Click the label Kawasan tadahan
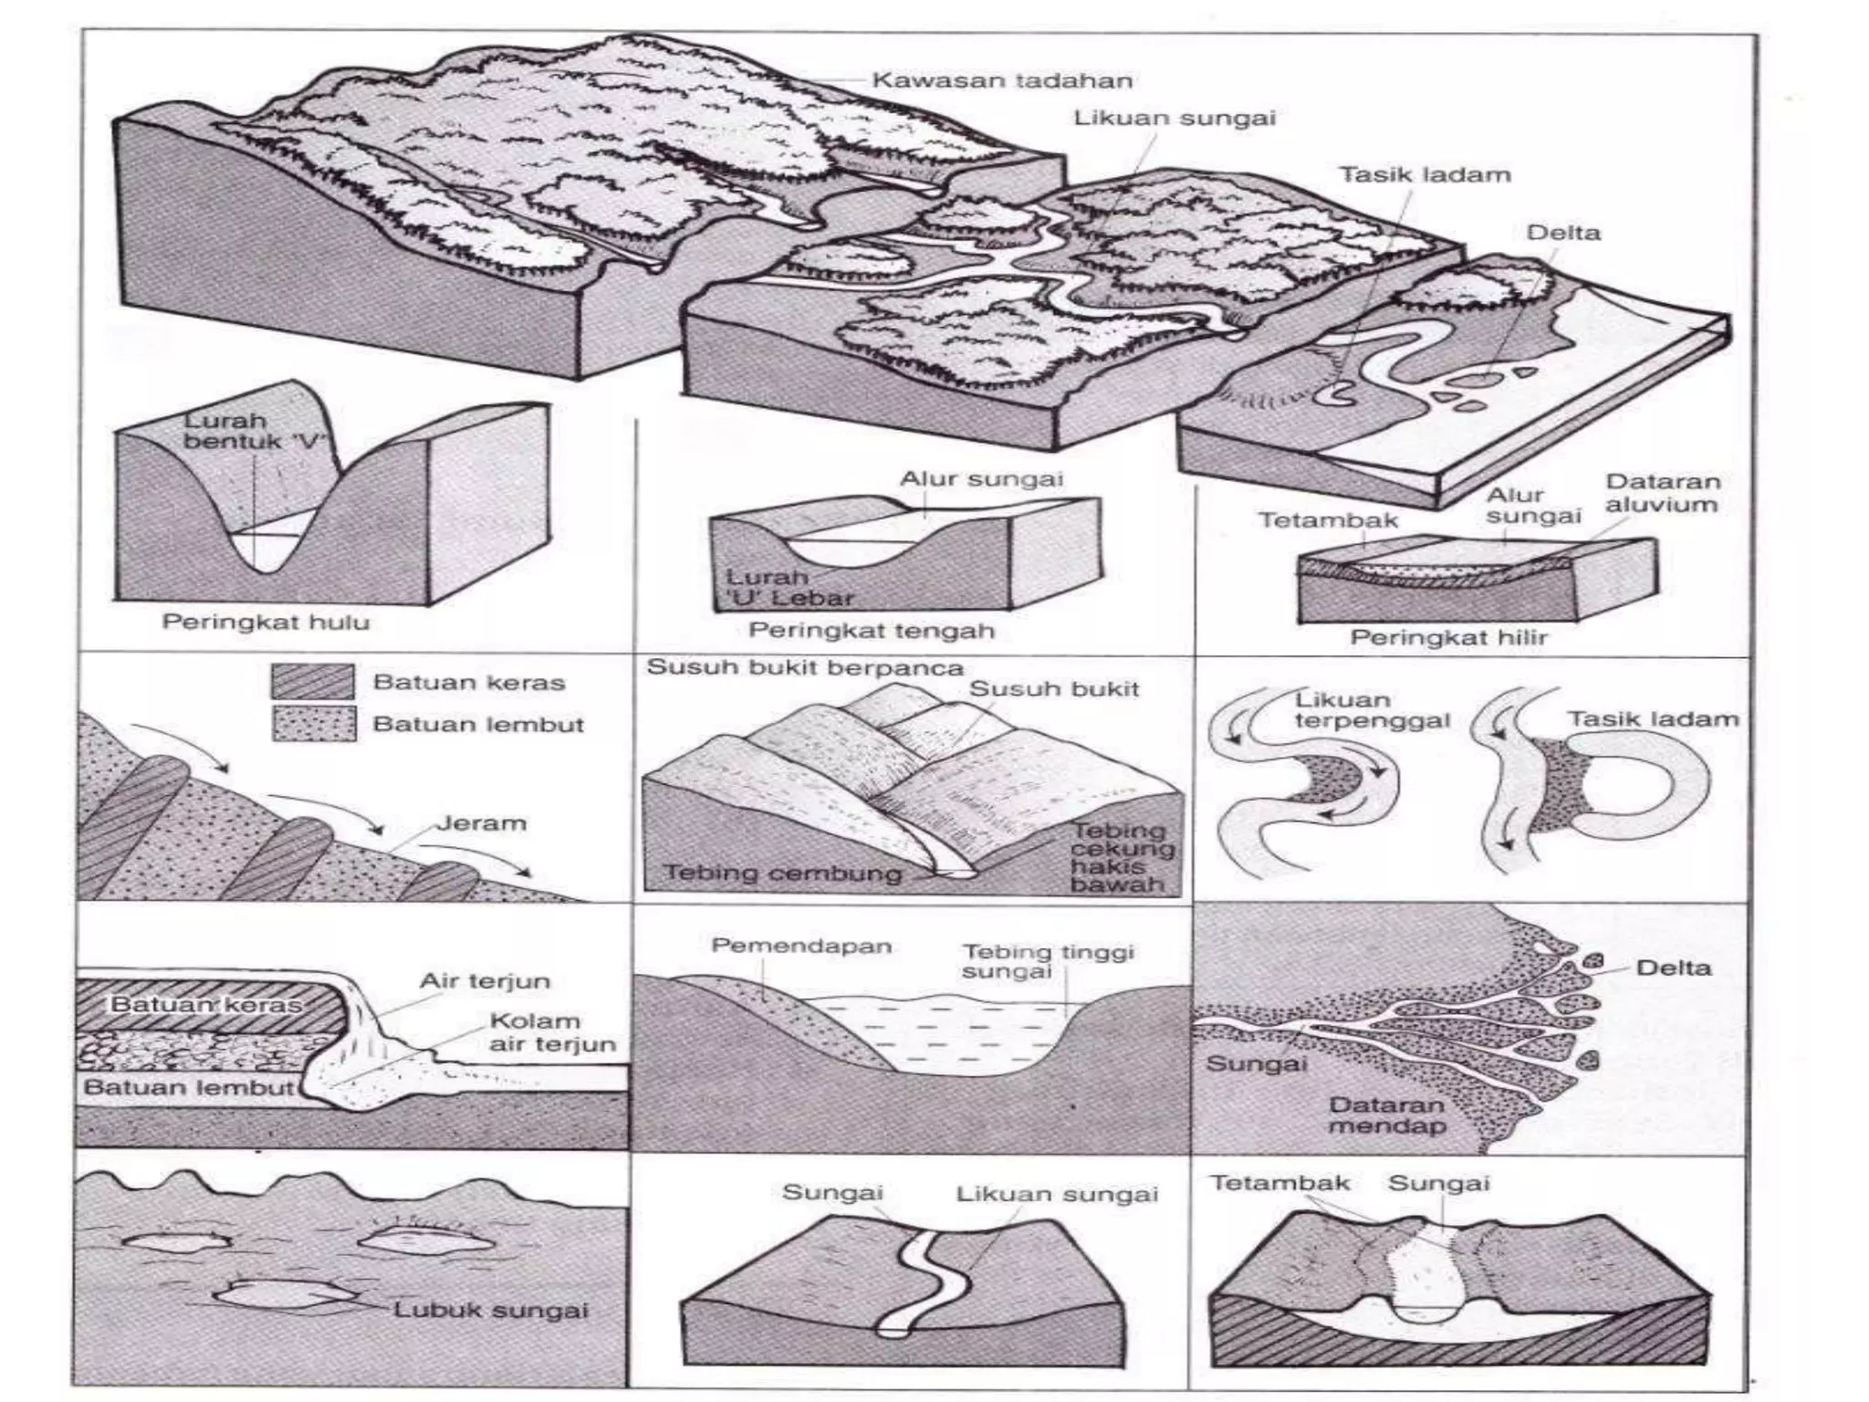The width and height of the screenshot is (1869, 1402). pyautogui.click(x=1002, y=80)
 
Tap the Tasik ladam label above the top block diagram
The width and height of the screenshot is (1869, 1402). pyautogui.click(x=1425, y=174)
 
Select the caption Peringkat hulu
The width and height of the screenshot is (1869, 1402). pyautogui.click(x=266, y=623)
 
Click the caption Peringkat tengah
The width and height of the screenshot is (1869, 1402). pyautogui.click(x=871, y=631)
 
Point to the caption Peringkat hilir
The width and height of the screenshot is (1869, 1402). pyautogui.click(x=1448, y=637)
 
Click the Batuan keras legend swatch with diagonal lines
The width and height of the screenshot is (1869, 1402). pyautogui.click(x=313, y=682)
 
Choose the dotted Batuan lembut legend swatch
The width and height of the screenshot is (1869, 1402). pyautogui.click(x=313, y=724)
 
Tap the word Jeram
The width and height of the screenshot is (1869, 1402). pyautogui.click(x=481, y=823)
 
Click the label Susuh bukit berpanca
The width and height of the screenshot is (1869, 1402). pyautogui.click(x=805, y=667)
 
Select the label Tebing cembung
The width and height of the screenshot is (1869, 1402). pyautogui.click(x=782, y=873)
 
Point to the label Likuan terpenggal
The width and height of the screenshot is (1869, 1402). pyautogui.click(x=1371, y=710)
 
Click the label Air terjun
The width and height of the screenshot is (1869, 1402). pyautogui.click(x=485, y=981)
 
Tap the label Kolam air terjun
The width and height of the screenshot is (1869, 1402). pyautogui.click(x=551, y=1032)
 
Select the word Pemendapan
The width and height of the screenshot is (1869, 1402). pyautogui.click(x=801, y=946)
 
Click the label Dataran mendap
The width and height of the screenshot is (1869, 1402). pyautogui.click(x=1386, y=1114)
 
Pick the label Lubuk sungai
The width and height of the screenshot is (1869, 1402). pyautogui.click(x=490, y=1311)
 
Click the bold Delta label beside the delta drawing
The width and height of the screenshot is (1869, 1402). pyautogui.click(x=1673, y=968)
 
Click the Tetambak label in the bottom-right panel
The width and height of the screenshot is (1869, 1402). pyautogui.click(x=1279, y=1183)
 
